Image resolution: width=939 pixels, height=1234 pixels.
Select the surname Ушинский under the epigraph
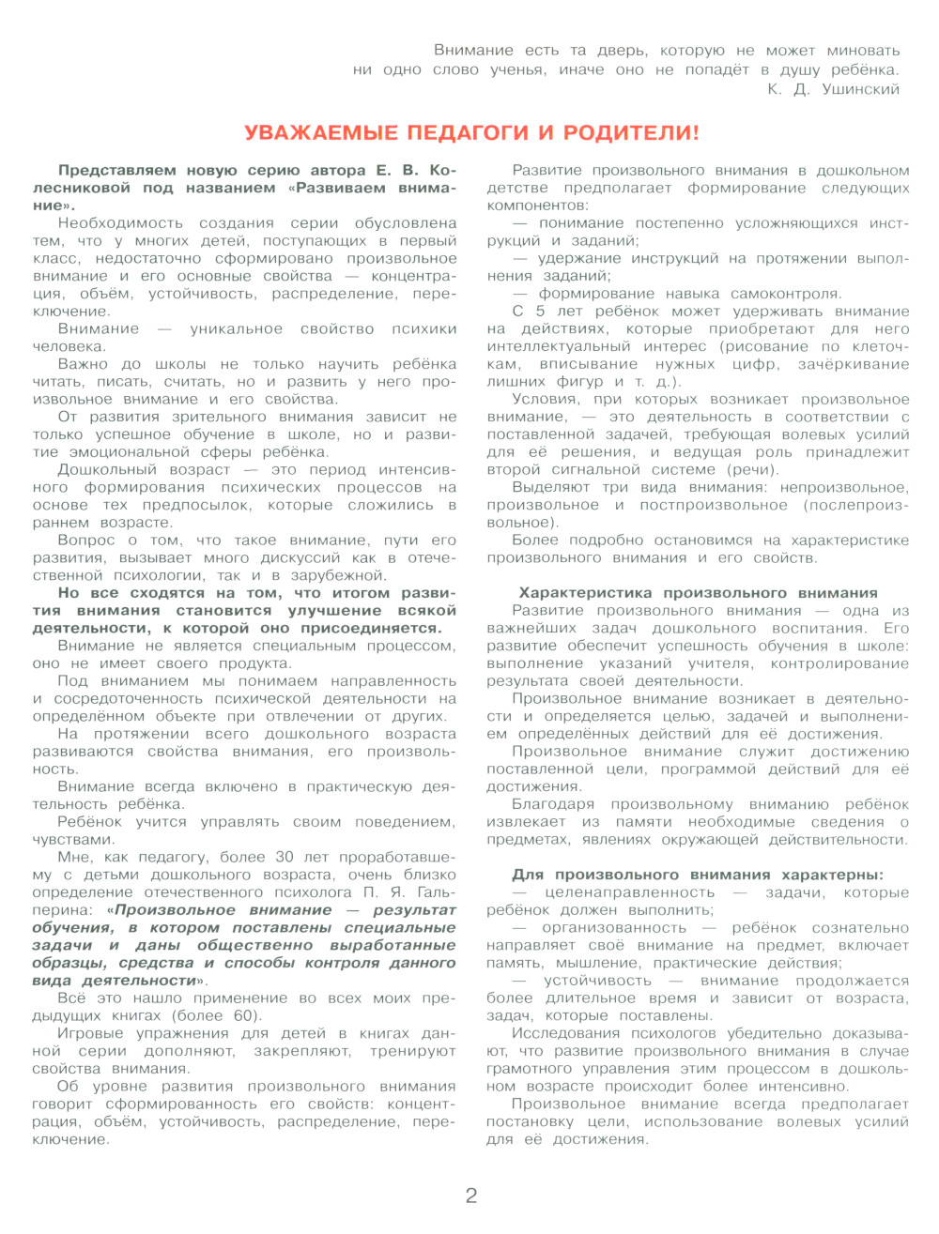[x=860, y=89]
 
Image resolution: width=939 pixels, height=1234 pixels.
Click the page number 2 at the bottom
[x=471, y=1195]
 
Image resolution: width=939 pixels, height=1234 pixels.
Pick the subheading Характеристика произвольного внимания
[x=698, y=593]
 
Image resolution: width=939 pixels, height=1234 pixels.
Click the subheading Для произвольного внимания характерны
[x=698, y=875]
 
